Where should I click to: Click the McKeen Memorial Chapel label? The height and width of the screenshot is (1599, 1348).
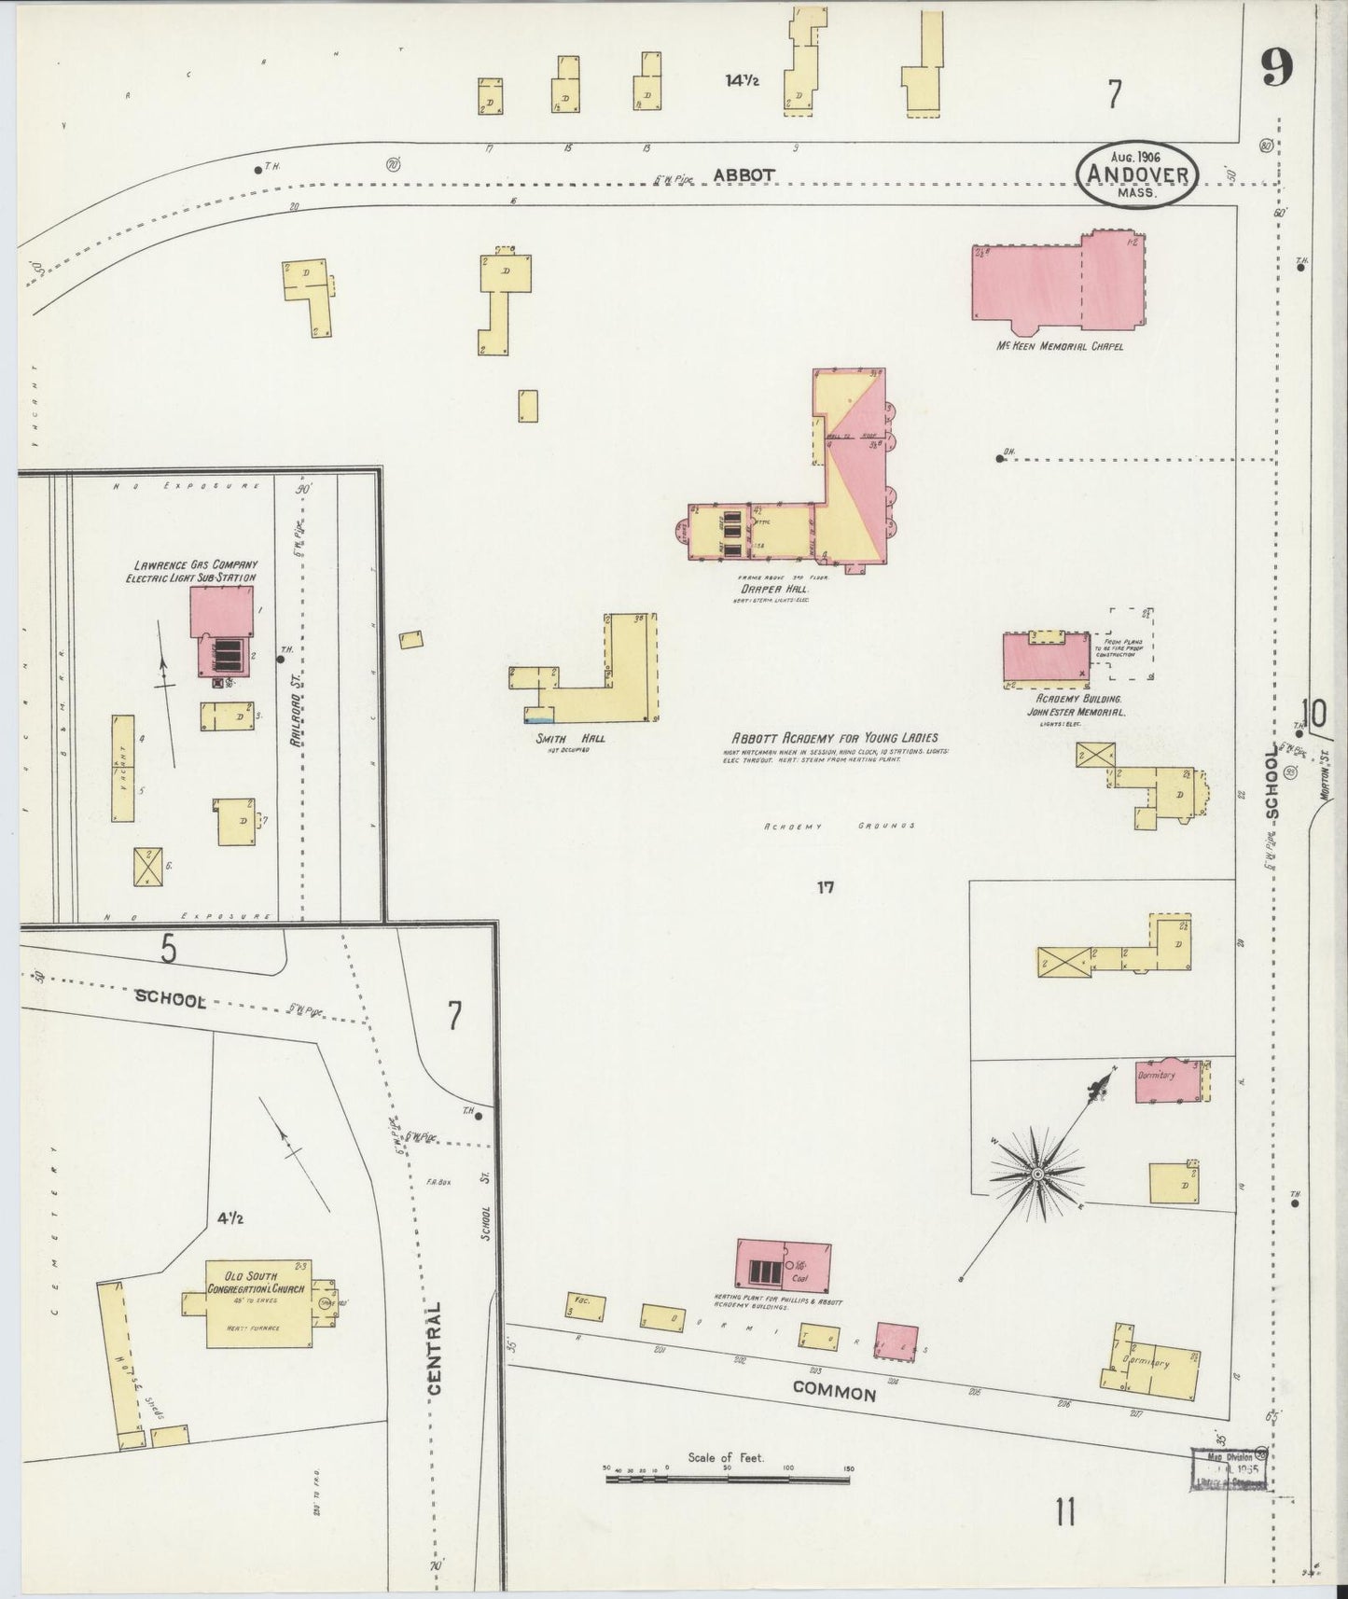tap(1059, 346)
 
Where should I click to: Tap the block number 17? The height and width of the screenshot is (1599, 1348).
tap(825, 887)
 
